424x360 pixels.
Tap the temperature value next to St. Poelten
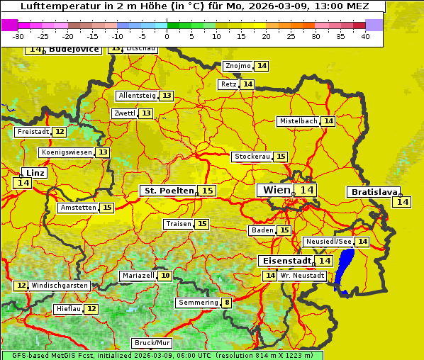tap(207, 191)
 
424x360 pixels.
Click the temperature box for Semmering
tap(227, 303)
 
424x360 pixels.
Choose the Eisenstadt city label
tap(284, 261)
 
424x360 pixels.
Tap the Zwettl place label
tap(123, 113)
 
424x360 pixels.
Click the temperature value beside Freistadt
tap(60, 132)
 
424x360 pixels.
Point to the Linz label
tap(35, 173)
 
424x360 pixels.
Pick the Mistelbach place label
tap(297, 121)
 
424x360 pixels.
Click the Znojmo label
tap(238, 66)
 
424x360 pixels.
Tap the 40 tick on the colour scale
tap(365, 36)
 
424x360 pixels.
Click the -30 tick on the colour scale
tap(18, 36)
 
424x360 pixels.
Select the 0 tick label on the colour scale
tap(167, 36)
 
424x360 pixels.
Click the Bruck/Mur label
tap(152, 343)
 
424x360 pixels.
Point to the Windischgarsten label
tap(60, 286)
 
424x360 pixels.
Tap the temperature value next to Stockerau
tap(281, 157)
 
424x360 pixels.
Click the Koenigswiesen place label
tap(67, 152)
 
